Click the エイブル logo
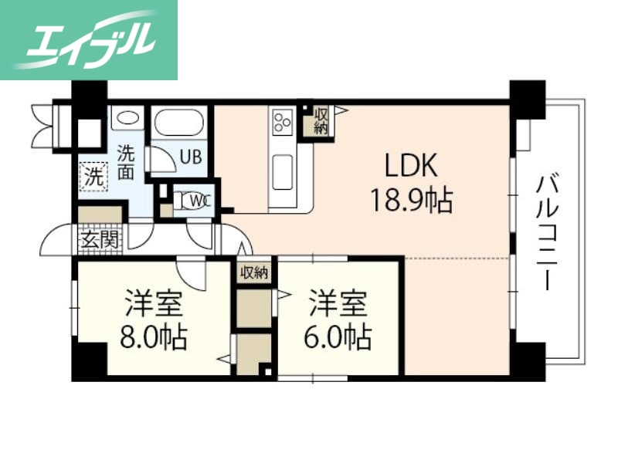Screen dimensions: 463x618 click(x=89, y=39)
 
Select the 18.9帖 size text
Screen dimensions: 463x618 click(x=410, y=202)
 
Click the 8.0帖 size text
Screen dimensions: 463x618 click(x=153, y=337)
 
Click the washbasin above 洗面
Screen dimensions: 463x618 click(x=127, y=119)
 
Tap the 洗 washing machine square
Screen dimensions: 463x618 click(x=93, y=175)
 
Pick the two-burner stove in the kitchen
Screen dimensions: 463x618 click(x=281, y=121)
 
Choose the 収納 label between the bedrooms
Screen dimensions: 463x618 click(x=253, y=272)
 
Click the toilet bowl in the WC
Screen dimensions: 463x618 click(x=182, y=201)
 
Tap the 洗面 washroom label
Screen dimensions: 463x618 click(x=126, y=161)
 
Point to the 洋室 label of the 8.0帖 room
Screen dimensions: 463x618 click(x=153, y=303)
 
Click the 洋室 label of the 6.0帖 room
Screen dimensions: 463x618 click(x=337, y=303)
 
